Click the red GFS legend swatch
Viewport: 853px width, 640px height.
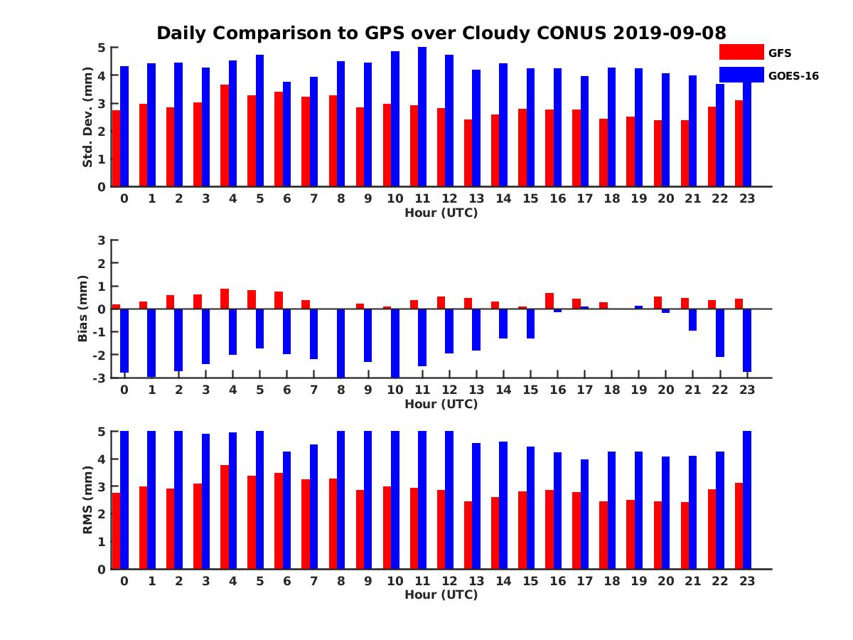[741, 52]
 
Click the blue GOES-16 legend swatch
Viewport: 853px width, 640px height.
[741, 75]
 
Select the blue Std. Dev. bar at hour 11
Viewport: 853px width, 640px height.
[422, 117]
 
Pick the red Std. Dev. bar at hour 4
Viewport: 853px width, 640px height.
[225, 136]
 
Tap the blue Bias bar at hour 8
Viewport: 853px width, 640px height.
[341, 343]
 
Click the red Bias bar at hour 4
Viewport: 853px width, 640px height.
[225, 299]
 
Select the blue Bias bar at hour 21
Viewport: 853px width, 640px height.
[693, 320]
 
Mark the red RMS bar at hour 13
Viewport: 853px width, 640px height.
[468, 535]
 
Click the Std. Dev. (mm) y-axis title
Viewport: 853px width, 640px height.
[87, 118]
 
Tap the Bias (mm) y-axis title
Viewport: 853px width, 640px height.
[83, 308]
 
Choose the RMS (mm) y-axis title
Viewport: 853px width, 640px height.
[87, 500]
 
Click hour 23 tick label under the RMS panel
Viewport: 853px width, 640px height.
[747, 580]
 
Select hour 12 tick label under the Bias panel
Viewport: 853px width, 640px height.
[449, 390]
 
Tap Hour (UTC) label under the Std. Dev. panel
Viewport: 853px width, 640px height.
[441, 213]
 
